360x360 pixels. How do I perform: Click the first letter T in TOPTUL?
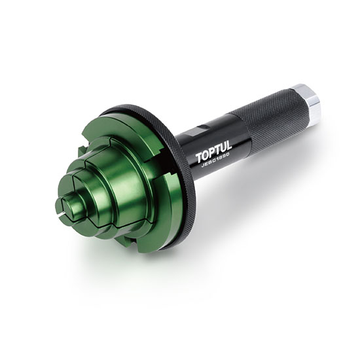pos(199,160)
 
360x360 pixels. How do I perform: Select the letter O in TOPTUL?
pos(206,157)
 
